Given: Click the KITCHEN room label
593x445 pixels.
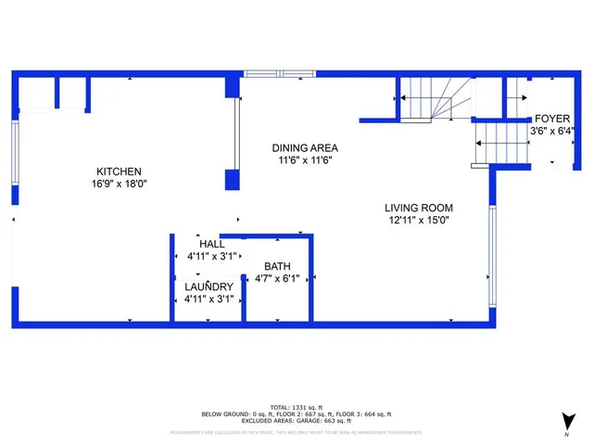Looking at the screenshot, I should point(120,172).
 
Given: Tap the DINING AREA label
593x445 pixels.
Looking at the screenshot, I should point(305,147).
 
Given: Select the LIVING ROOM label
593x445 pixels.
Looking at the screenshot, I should point(419,208).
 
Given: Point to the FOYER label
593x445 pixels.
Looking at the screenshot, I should point(552,120).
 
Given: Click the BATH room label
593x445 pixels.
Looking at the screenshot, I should point(278,265).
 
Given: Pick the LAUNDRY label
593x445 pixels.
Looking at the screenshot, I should point(208,286).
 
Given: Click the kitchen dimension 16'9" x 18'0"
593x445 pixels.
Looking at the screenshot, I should point(120,184).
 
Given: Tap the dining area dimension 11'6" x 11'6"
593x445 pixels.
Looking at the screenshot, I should point(305,159).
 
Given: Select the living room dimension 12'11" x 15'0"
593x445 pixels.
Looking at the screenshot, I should point(419,220).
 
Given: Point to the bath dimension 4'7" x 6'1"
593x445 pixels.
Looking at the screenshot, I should point(278,277).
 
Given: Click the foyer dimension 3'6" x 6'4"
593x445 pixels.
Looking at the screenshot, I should point(552,132).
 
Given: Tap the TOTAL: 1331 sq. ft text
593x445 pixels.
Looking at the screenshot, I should point(296,407).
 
